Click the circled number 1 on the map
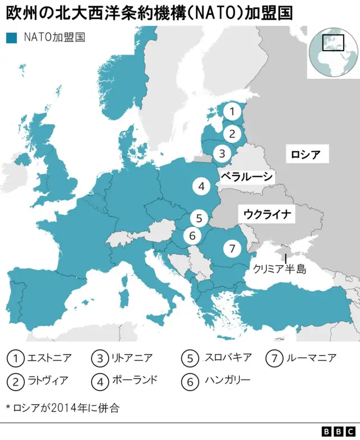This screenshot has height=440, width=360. click(231, 111)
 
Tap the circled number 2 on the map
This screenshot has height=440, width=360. click(231, 133)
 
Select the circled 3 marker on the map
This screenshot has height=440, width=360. click(222, 152)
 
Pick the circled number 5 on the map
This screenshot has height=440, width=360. click(199, 218)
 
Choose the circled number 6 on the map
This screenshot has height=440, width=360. click(192, 236)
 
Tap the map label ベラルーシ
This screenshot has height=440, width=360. click(247, 177)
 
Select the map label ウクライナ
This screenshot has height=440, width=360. click(267, 214)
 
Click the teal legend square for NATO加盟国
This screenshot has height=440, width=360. click(11, 38)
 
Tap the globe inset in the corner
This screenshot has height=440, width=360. click(333, 53)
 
